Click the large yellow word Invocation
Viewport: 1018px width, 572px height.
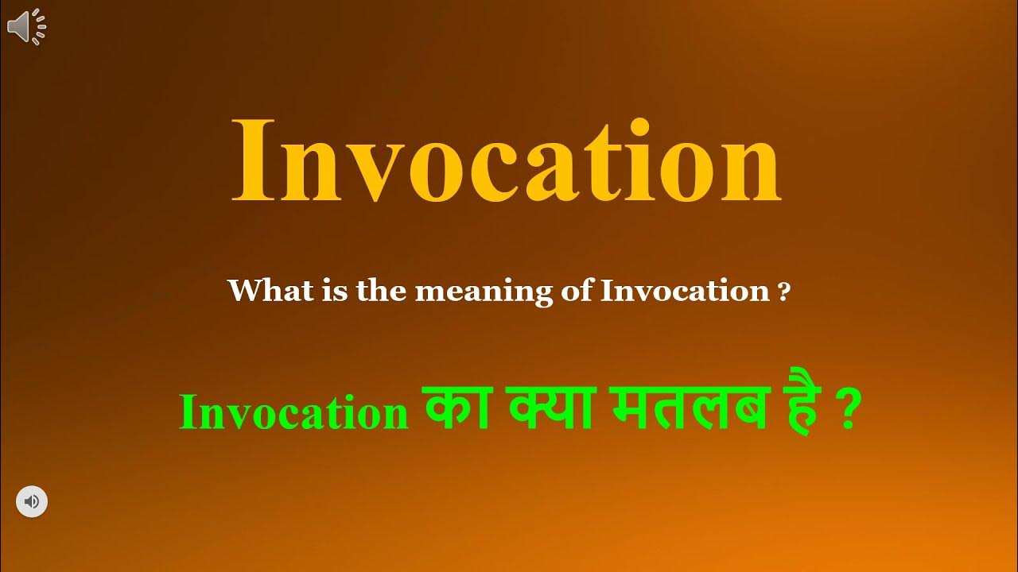pos(506,163)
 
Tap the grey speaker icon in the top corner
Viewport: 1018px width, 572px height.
pos(26,28)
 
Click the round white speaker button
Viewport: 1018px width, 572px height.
pos(32,501)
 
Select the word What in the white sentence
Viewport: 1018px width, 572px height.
pos(262,291)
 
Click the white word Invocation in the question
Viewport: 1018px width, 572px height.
pos(685,292)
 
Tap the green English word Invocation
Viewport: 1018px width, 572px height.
pos(294,414)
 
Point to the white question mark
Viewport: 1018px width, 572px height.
pos(784,293)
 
